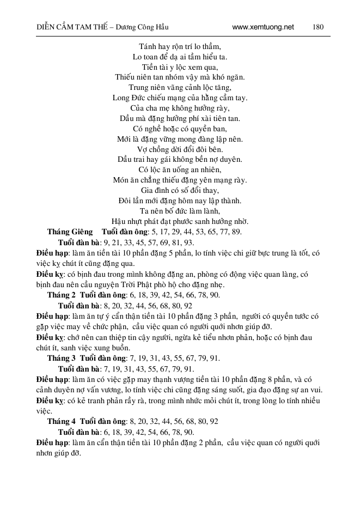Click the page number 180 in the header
pos(319,27)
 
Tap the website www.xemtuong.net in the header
pos(263,27)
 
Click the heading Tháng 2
pos(61,295)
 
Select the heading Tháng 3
pos(61,358)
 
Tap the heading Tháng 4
pos(61,421)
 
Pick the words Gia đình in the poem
pos(154,191)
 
